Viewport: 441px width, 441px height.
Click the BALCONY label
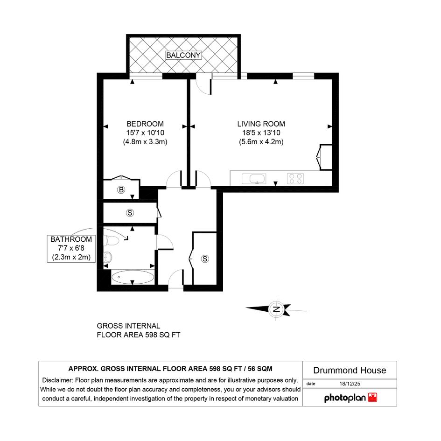pos(183,55)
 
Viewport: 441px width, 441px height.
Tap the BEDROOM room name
pos(145,124)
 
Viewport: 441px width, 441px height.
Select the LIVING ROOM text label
pos(261,124)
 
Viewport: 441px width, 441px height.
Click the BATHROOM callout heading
pos(71,239)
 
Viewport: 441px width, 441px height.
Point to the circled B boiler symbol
pos(121,190)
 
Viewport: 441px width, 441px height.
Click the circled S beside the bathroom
pos(130,213)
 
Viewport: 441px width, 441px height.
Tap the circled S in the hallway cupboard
pos(205,259)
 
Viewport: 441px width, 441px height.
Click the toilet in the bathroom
pos(112,240)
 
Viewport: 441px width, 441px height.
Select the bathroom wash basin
pos(108,257)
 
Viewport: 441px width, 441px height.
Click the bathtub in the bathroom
pos(133,277)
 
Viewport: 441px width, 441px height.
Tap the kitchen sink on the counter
pos(254,179)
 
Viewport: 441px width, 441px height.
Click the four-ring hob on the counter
pos(295,179)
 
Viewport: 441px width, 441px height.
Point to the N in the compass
pos(276,309)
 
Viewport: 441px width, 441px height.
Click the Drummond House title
pos(350,371)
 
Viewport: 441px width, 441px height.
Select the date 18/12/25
pos(350,384)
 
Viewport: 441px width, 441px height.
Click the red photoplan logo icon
pos(373,398)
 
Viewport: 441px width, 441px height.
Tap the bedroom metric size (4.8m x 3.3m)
pos(145,142)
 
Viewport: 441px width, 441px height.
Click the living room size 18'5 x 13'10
pos(261,133)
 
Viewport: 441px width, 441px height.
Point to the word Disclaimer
pos(58,380)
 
